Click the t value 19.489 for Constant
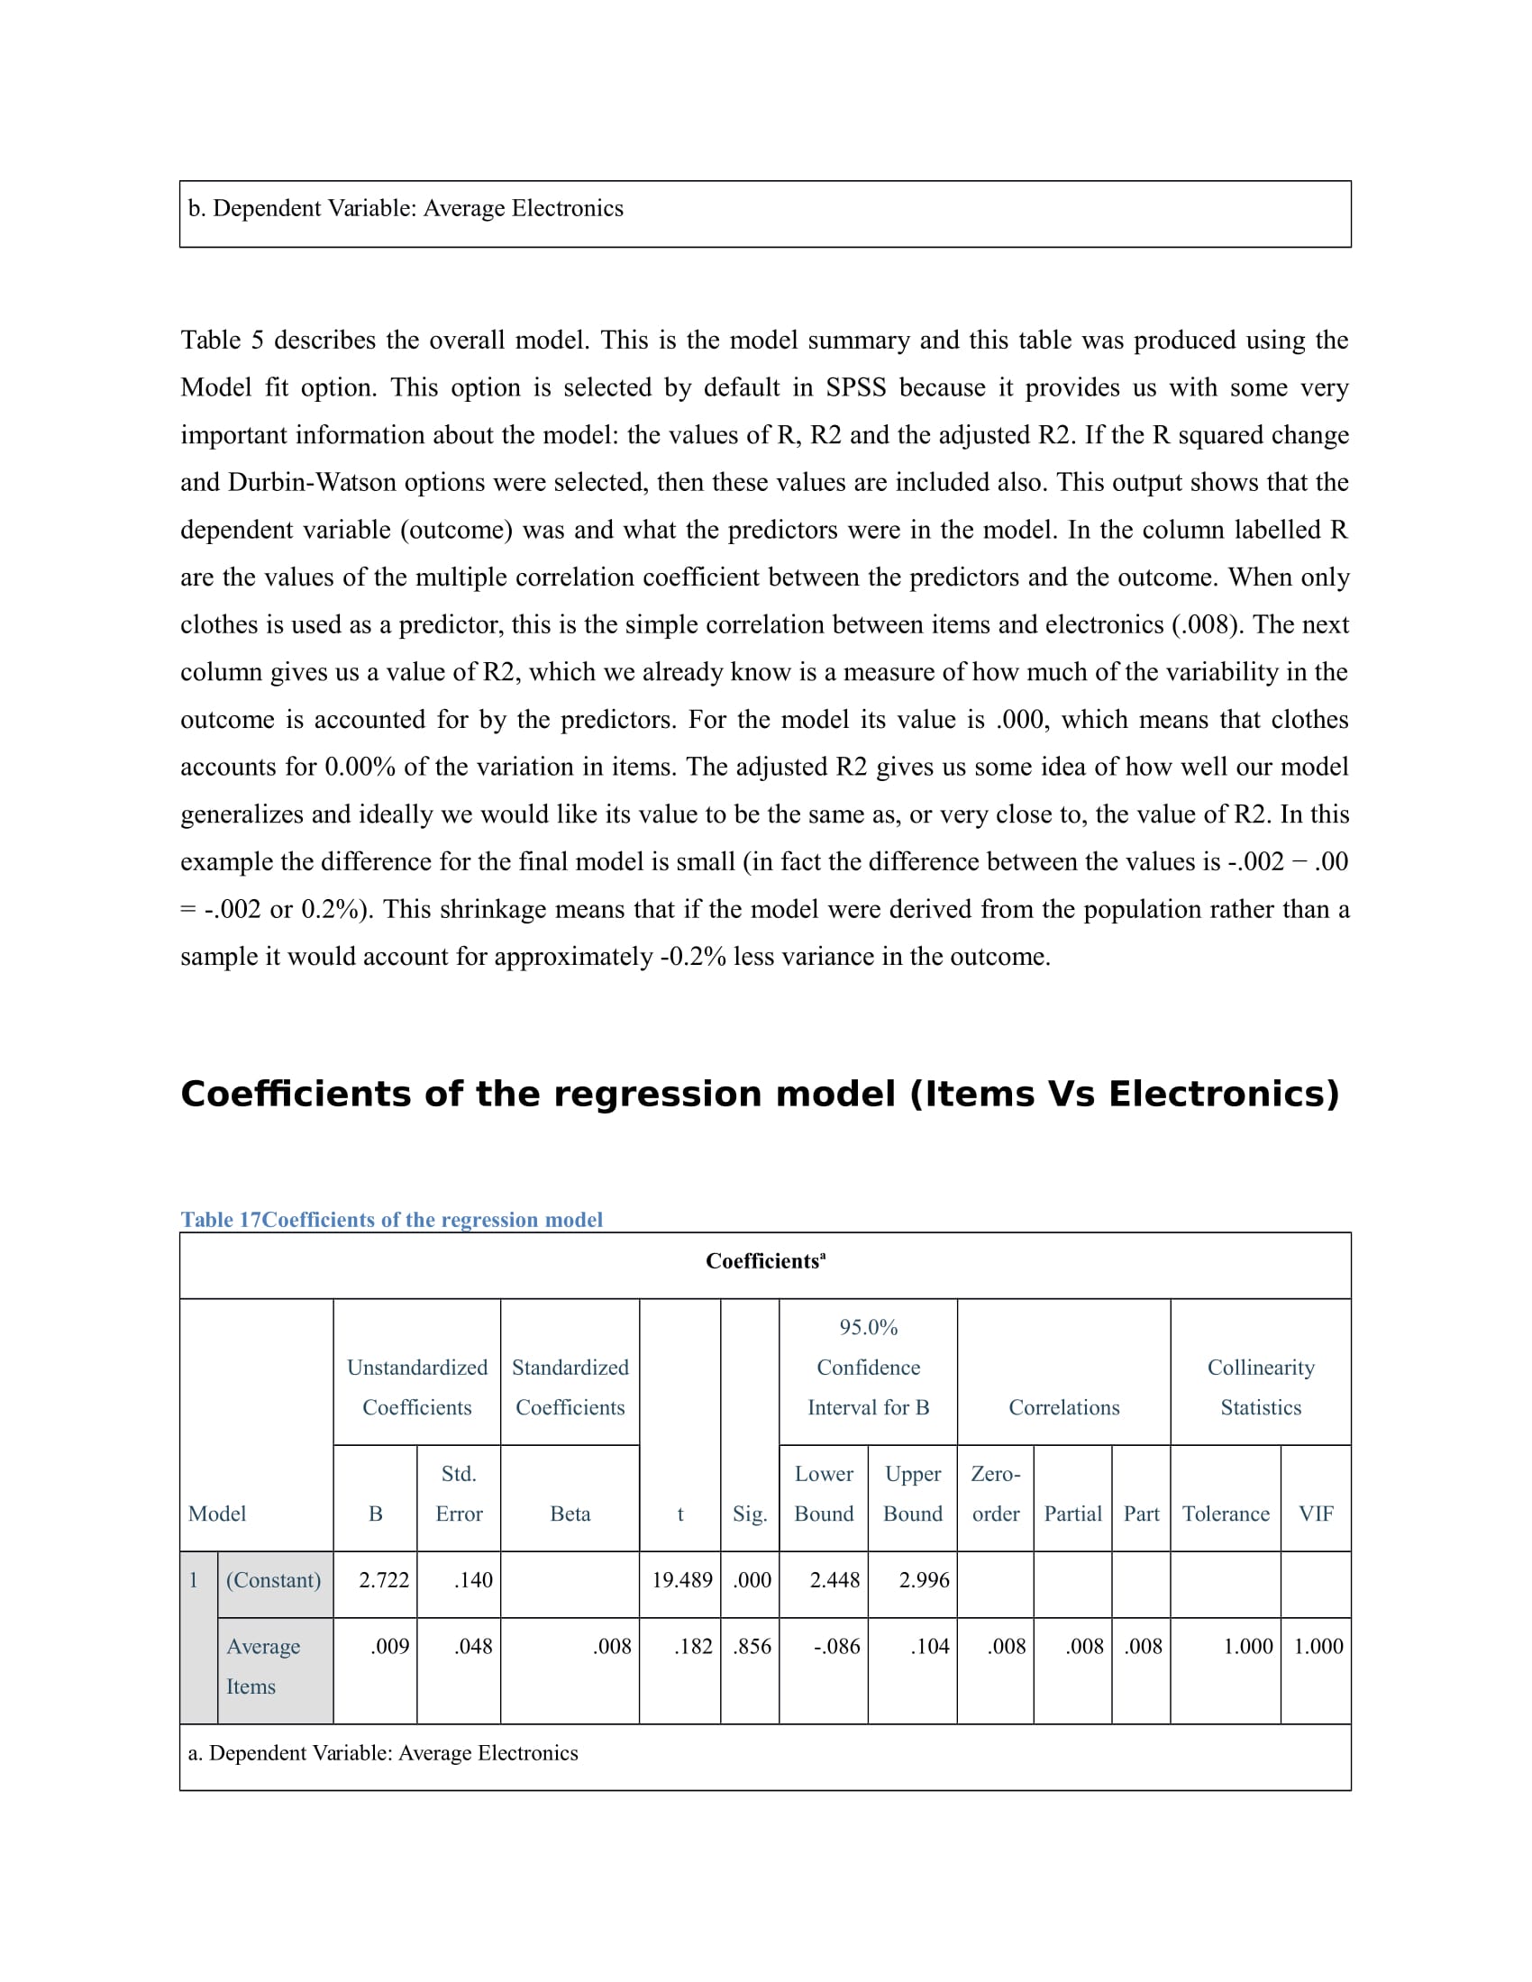[x=681, y=1580]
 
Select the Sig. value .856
[x=752, y=1646]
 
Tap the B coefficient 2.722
[x=383, y=1580]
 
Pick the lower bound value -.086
[x=836, y=1646]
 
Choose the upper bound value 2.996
[x=923, y=1580]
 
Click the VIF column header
[x=1315, y=1514]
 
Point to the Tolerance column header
[x=1226, y=1514]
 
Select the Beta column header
[x=570, y=1514]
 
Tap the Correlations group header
[x=1063, y=1407]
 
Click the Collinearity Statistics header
[x=1261, y=1387]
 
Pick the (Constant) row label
[x=273, y=1580]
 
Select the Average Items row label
[x=262, y=1666]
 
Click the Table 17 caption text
[x=391, y=1220]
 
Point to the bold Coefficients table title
[x=764, y=1261]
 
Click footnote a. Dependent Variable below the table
[x=382, y=1752]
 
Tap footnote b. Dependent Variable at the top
[x=405, y=209]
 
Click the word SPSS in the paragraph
[x=855, y=387]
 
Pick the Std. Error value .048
[x=473, y=1646]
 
